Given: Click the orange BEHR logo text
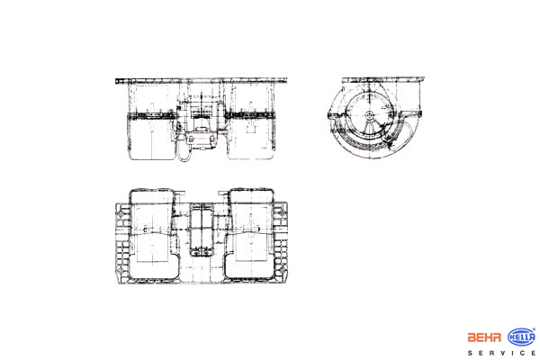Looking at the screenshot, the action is (484, 337).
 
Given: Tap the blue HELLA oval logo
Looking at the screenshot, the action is (522, 337).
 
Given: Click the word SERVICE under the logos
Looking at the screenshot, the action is (502, 353).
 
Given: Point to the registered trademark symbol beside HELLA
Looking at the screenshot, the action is (534, 329).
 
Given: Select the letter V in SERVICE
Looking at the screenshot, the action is (502, 353).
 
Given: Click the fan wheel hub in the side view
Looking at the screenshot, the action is (369, 115).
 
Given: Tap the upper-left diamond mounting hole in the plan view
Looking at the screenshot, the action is (121, 213).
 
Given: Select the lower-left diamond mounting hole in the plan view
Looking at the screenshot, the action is (121, 271).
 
